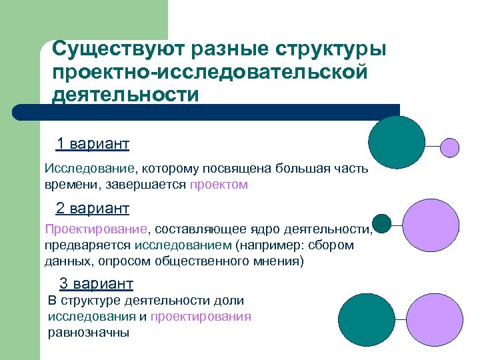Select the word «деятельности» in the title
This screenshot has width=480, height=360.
pos(126,94)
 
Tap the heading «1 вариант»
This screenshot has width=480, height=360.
pos(93,144)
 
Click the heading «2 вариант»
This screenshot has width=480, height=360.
pos(93,209)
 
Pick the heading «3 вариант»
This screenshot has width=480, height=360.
pos(96,283)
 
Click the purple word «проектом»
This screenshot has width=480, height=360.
pos(219,185)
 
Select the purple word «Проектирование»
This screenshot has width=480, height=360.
pos(96,229)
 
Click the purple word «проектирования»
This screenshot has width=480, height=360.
pos(201,316)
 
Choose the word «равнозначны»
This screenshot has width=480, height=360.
pos(89,332)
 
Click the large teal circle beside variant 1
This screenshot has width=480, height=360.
pos(397,141)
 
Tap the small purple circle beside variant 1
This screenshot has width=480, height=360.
pos(451,147)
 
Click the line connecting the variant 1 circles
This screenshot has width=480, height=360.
pos(433,146)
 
